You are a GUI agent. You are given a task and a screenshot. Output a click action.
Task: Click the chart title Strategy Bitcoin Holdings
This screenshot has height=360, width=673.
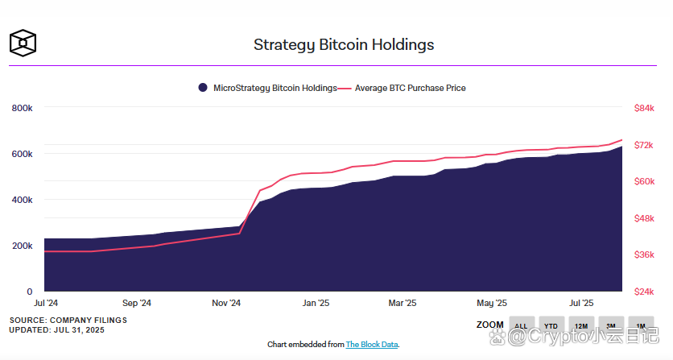tap(344, 44)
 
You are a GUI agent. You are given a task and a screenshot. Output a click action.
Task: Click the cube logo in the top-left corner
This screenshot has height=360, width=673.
tap(23, 43)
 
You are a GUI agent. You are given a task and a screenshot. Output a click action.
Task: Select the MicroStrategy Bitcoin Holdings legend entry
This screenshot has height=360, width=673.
tap(268, 88)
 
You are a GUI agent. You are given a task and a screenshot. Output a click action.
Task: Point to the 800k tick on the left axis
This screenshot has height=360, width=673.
tap(22, 108)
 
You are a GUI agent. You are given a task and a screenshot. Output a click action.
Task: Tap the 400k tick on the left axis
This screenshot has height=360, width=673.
tap(22, 200)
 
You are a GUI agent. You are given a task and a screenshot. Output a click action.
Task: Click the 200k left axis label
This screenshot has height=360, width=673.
tap(22, 246)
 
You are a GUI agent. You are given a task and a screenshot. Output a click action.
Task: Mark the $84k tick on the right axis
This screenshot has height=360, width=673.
tap(644, 108)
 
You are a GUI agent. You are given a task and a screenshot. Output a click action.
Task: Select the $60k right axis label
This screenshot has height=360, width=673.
tap(644, 181)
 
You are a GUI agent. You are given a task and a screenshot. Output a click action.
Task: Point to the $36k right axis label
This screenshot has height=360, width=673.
tap(644, 254)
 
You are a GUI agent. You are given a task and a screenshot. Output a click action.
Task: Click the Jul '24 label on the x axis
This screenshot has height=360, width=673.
tap(46, 304)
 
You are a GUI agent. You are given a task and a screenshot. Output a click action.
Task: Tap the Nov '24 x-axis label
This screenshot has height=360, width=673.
tap(226, 304)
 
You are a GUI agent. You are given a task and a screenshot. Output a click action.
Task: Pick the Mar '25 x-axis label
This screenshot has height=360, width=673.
tap(402, 304)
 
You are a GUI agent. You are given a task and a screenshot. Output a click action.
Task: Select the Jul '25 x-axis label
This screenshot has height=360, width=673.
tap(580, 304)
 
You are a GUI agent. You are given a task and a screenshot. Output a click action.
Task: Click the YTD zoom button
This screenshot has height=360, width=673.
tap(551, 325)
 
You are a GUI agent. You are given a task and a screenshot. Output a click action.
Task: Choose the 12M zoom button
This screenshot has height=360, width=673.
tap(580, 325)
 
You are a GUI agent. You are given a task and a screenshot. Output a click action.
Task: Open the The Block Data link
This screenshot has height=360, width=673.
tap(371, 345)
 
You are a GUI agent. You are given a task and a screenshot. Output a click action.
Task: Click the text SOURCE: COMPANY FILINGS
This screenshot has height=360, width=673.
tap(68, 320)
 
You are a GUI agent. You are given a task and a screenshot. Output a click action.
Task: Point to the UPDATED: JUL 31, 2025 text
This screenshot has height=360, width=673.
tap(56, 330)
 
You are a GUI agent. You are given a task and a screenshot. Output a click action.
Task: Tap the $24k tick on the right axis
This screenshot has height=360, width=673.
tap(644, 292)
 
